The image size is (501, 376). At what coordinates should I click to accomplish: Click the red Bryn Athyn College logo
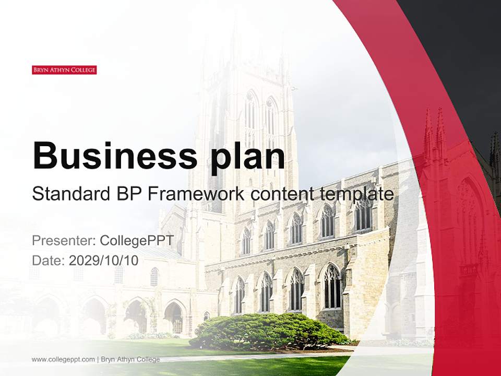point(64,70)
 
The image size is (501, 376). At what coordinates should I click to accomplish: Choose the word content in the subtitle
point(281,194)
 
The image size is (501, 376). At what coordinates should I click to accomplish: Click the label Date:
point(49,261)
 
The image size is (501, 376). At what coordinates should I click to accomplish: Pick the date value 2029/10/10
point(103,261)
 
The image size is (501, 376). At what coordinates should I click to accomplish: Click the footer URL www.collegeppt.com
point(63,359)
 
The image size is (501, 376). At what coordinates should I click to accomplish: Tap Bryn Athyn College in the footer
point(130,359)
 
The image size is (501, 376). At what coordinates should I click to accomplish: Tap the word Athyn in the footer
point(126,359)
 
